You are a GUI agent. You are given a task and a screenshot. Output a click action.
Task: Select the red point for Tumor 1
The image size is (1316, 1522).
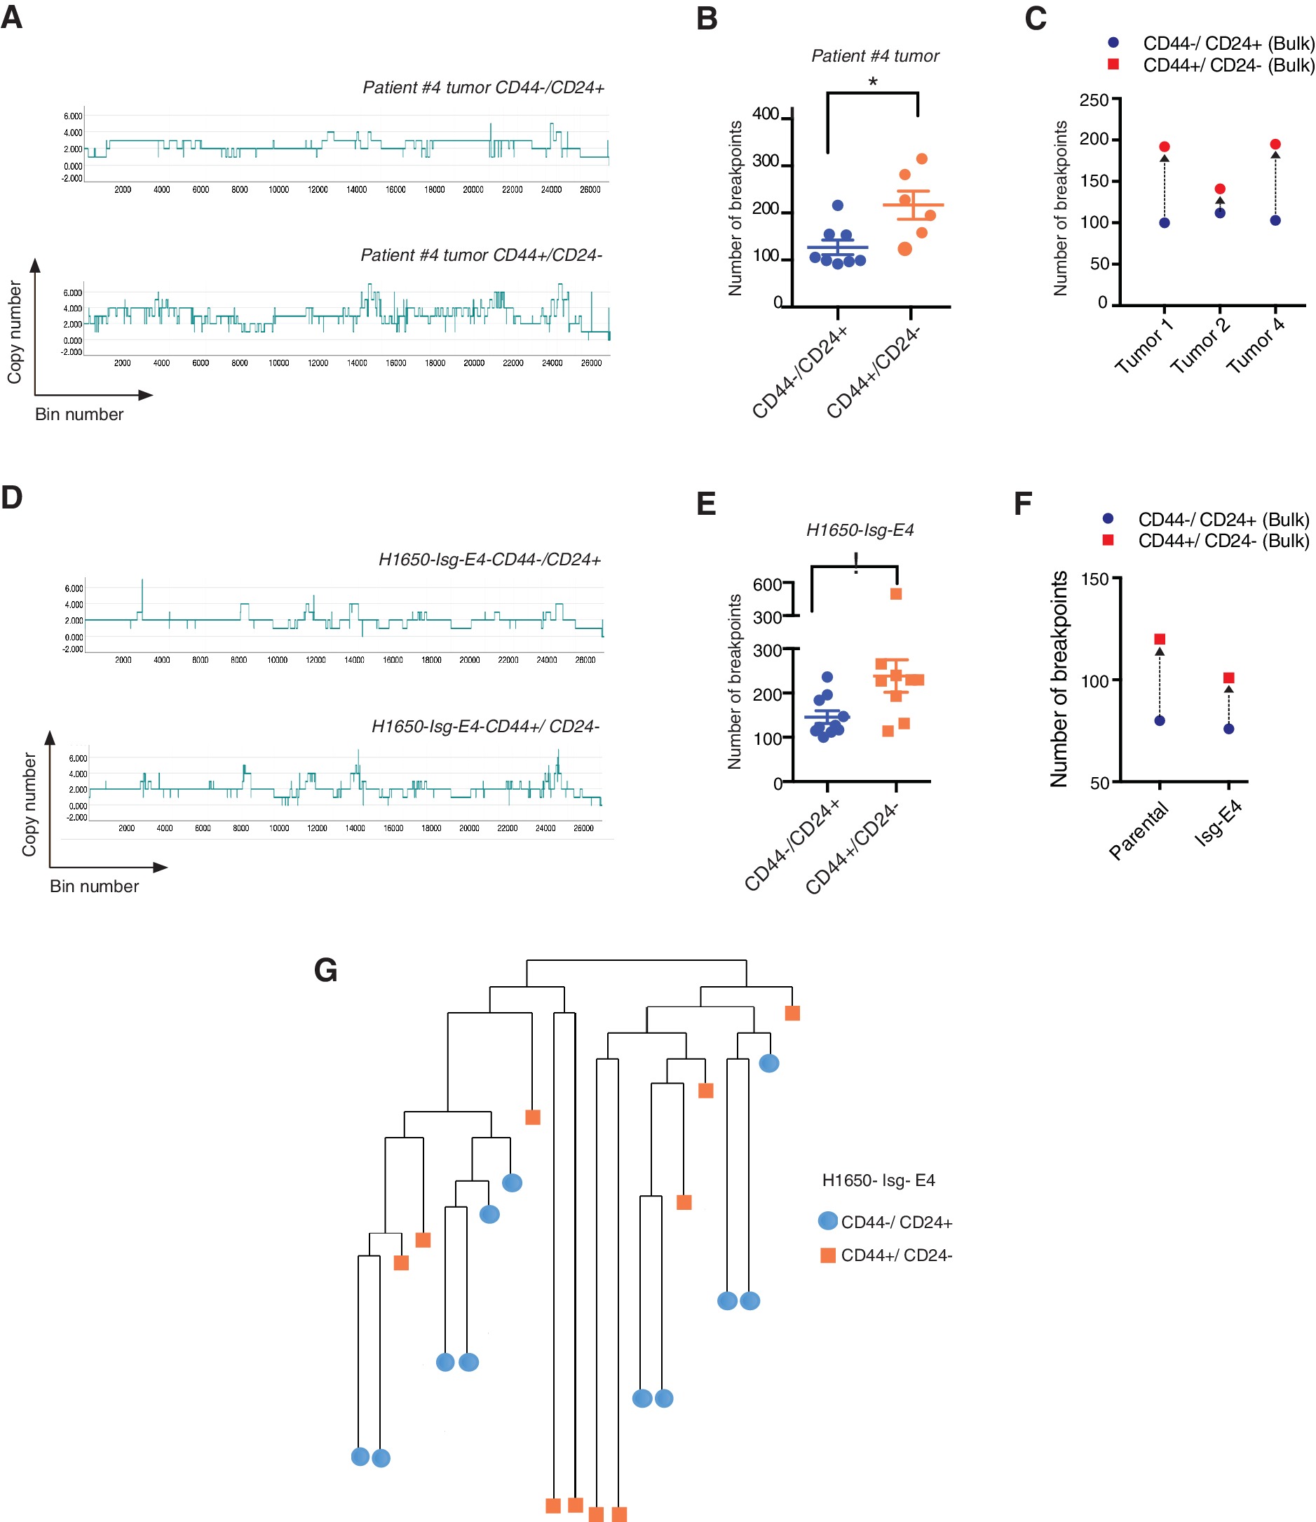pyautogui.click(x=1164, y=147)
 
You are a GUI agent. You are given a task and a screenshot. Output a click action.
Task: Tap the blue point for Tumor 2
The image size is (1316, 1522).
pyautogui.click(x=1220, y=213)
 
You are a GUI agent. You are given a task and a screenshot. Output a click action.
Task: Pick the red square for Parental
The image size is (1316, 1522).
pyautogui.click(x=1160, y=639)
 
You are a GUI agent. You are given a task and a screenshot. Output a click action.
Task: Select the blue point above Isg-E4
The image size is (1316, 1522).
pyautogui.click(x=1228, y=729)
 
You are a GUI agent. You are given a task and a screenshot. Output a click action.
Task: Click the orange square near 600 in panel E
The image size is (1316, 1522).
pyautogui.click(x=896, y=593)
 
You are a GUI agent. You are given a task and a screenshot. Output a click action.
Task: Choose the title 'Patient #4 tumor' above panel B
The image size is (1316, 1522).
pyautogui.click(x=874, y=56)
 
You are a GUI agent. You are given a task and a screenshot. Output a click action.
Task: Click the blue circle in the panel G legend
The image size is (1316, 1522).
pyautogui.click(x=827, y=1221)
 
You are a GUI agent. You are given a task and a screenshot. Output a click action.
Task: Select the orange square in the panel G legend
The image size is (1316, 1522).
pyautogui.click(x=827, y=1255)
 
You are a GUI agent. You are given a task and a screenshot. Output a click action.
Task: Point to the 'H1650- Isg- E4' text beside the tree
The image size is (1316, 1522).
pyautogui.click(x=879, y=1180)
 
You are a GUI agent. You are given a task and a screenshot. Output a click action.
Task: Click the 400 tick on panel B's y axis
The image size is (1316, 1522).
pyautogui.click(x=766, y=114)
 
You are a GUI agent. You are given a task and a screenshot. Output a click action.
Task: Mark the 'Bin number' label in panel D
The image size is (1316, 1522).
pyautogui.click(x=94, y=886)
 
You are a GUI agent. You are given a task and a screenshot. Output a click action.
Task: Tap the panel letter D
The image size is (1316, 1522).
pyautogui.click(x=12, y=497)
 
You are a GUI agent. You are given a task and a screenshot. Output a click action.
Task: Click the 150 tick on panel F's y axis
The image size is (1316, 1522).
pyautogui.click(x=1094, y=579)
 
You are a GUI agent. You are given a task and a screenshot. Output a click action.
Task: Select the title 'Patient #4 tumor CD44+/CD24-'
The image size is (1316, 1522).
pyautogui.click(x=481, y=255)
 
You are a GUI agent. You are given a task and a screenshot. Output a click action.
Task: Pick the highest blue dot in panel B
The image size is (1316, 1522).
pyautogui.click(x=837, y=205)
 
